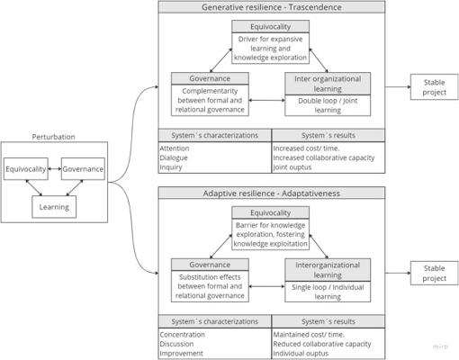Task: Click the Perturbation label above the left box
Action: [53, 137]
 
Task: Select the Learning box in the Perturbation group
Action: [54, 207]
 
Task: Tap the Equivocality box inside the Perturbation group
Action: [26, 169]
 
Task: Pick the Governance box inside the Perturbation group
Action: [83, 169]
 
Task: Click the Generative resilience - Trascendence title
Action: [272, 7]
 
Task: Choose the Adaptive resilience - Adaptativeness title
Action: [272, 193]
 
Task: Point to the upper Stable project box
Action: [434, 87]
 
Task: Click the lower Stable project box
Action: [434, 274]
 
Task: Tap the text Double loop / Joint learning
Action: [328, 105]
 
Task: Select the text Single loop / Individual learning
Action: [328, 292]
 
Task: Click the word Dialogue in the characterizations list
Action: [174, 157]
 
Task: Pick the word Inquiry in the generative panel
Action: [171, 167]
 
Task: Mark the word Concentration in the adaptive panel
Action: [182, 335]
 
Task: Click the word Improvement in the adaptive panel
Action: [181, 354]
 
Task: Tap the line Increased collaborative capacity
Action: [324, 157]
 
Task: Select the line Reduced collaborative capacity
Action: [322, 344]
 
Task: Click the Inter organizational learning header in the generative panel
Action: [328, 84]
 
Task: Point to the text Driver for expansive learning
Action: [270, 44]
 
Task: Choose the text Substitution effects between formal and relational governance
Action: [210, 286]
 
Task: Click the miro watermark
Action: [440, 346]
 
